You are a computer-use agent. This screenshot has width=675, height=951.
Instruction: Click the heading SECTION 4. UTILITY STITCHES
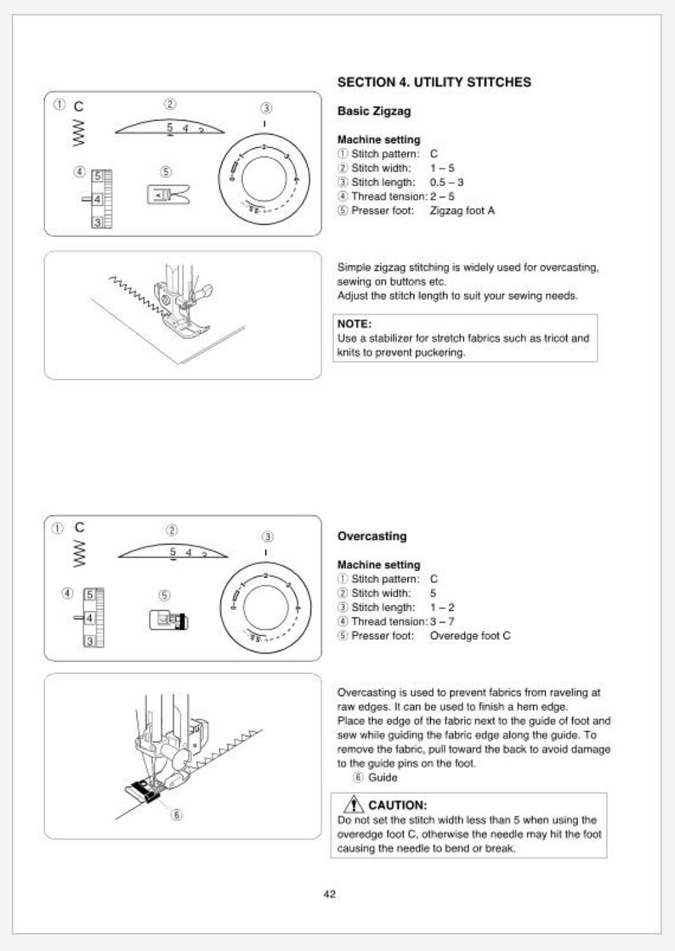pos(434,82)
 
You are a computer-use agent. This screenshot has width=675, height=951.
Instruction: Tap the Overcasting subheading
pos(372,536)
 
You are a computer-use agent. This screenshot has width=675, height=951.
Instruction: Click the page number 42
pos(330,893)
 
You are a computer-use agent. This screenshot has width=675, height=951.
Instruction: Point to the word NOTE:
pos(355,324)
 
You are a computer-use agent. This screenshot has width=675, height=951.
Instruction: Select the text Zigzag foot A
pos(462,211)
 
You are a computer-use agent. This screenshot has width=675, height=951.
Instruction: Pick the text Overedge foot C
pos(470,636)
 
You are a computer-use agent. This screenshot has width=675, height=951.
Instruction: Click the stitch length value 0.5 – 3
pos(446,182)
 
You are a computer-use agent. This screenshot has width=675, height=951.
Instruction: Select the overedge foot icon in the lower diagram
pos(168,620)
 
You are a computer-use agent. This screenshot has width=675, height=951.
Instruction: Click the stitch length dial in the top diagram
pos(265,179)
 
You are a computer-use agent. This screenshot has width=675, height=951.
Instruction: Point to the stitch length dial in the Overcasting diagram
pos(265,604)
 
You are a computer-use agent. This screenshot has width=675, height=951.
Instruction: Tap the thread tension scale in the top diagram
pos(101,199)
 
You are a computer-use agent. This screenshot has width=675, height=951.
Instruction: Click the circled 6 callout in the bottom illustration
pos(177,813)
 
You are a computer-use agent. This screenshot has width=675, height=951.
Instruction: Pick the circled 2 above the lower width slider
pos(172,529)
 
